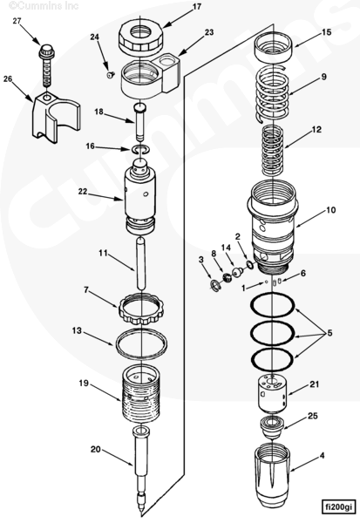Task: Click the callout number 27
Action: click(17, 21)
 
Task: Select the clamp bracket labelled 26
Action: click(56, 118)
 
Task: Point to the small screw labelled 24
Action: click(110, 75)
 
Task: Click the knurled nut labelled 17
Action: click(140, 37)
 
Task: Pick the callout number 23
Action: click(209, 32)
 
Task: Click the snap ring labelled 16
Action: click(139, 150)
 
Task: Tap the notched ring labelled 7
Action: click(140, 309)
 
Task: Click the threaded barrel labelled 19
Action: click(140, 394)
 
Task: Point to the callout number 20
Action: click(95, 449)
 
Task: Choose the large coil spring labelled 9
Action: click(271, 94)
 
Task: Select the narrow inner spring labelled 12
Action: click(273, 151)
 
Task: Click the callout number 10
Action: click(331, 210)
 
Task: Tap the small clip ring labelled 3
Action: click(216, 286)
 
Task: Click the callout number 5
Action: click(329, 333)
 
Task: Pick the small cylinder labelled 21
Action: click(273, 395)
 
